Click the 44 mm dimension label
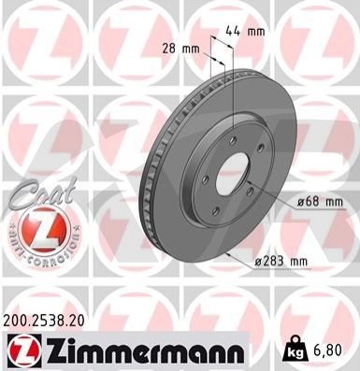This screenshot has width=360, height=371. pos(245,31)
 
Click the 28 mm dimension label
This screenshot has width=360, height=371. pos(180,49)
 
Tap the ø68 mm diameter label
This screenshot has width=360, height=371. pos(320,202)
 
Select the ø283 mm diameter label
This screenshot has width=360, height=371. pos(281,262)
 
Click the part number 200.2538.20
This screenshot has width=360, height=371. pos(44,321)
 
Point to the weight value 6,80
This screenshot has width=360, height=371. pos(327,350)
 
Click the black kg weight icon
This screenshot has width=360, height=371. pos(295,350)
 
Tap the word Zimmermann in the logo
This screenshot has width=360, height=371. pos(145,352)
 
